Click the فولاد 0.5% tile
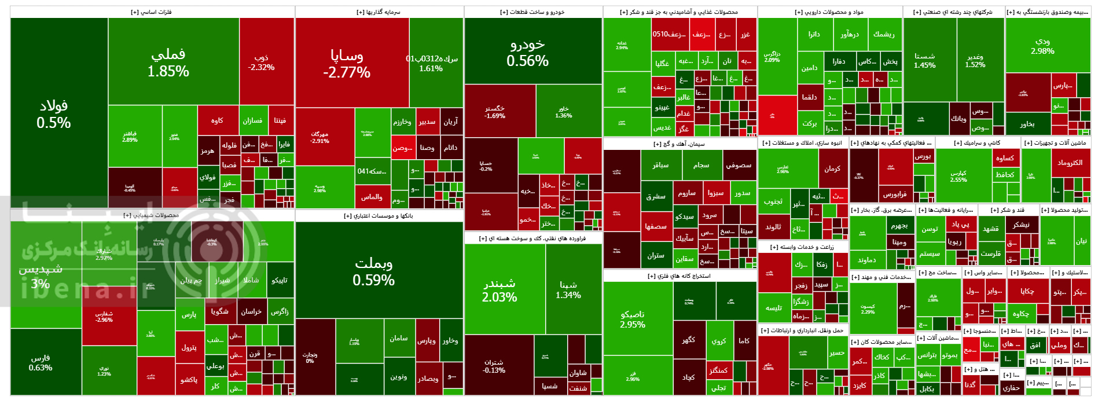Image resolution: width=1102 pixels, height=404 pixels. [54, 114]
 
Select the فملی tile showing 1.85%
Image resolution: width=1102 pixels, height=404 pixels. [168, 63]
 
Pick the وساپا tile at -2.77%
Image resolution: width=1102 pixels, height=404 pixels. [347, 64]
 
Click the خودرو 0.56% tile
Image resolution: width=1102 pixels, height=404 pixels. [527, 53]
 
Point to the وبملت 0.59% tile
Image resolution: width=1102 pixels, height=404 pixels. [374, 271]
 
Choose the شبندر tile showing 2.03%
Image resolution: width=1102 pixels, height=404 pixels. [499, 290]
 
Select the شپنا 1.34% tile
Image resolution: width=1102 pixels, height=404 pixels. [568, 289]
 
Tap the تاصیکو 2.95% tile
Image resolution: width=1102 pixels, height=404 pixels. [633, 319]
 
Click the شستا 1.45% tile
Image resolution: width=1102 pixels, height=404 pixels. [924, 60]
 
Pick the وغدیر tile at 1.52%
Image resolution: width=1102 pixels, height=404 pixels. [975, 60]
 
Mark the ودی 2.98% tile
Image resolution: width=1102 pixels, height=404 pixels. [1042, 46]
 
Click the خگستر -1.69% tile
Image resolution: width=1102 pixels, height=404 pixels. [495, 112]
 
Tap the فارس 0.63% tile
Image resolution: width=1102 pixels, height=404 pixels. [41, 363]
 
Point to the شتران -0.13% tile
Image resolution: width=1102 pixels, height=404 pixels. [494, 366]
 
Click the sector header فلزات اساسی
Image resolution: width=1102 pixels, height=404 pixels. [152, 12]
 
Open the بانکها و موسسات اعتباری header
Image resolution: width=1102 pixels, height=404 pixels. [379, 216]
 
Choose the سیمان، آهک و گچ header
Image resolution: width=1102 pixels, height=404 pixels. [679, 144]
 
